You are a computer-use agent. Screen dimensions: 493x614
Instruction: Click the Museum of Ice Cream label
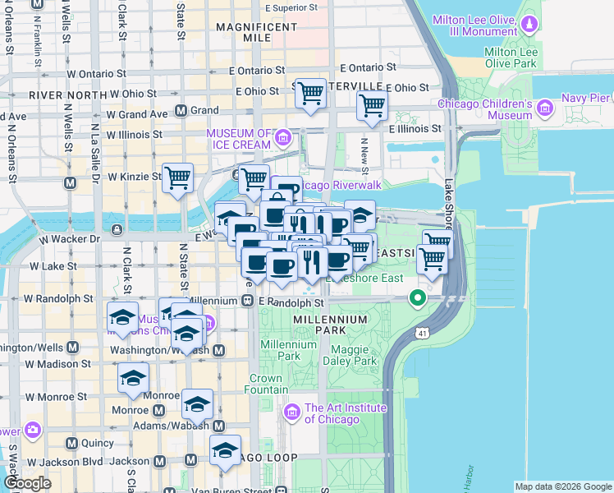point(238,139)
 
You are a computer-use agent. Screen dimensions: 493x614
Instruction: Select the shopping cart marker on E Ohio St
point(310,94)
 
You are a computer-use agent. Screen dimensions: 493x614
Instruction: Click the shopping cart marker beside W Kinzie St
point(177,177)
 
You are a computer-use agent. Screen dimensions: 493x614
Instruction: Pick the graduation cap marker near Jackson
point(224,450)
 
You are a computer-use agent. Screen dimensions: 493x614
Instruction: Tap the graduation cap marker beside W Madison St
point(133,378)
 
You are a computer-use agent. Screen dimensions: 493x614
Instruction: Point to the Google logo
point(27,484)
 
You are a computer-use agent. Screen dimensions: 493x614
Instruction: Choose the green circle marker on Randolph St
point(418,297)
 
